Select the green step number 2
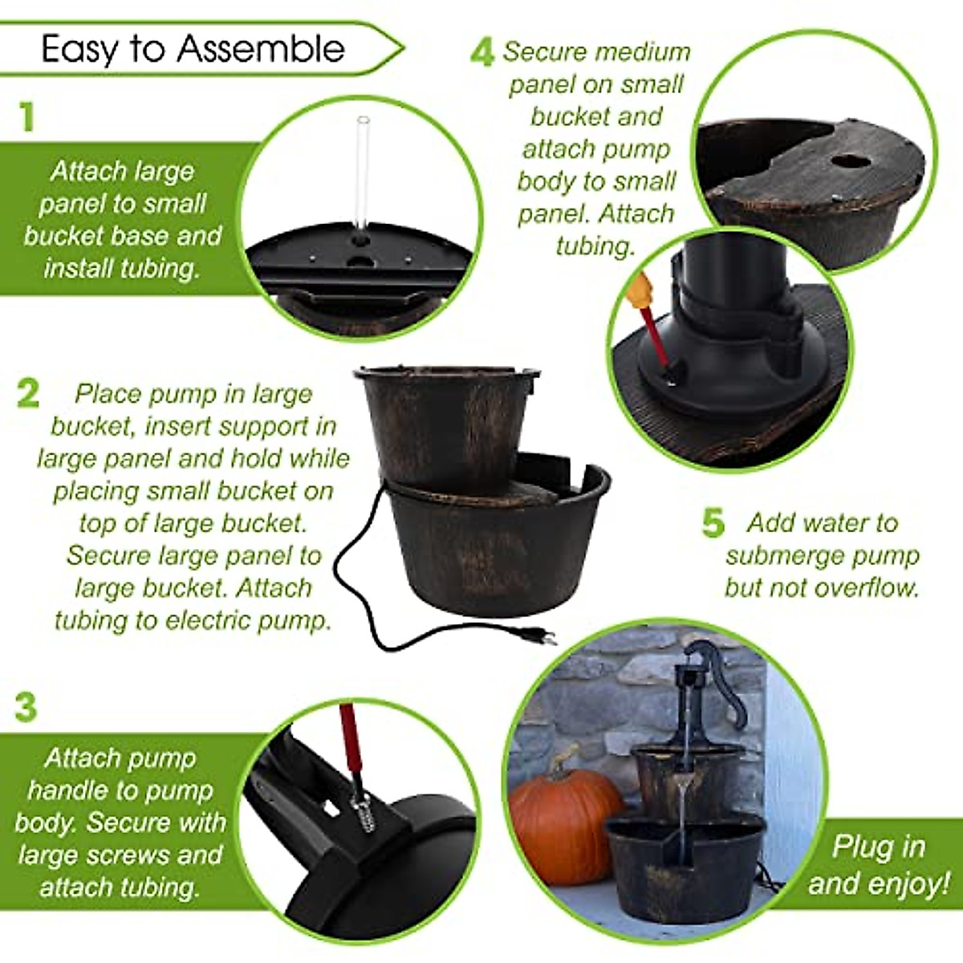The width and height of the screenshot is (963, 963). (28, 393)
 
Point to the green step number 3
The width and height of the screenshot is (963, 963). (26, 708)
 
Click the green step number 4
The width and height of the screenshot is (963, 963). (481, 53)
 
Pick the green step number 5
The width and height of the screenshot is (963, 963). (713, 523)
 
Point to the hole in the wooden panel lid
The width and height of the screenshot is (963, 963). (847, 161)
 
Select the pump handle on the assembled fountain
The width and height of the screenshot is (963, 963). (722, 682)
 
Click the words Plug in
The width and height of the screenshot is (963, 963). (879, 847)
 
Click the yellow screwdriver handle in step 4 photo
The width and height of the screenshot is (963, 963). (642, 287)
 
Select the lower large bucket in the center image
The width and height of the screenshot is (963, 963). (498, 554)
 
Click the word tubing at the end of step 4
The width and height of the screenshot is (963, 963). (595, 246)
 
